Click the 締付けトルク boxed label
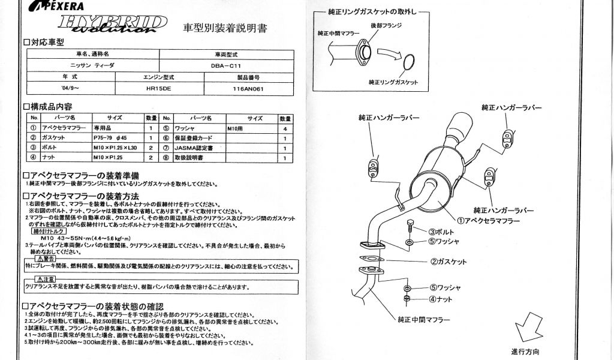click(x=48, y=230)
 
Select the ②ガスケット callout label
click(x=448, y=262)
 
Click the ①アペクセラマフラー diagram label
click(x=488, y=221)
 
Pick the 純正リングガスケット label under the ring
click(x=393, y=82)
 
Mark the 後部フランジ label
click(x=386, y=26)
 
